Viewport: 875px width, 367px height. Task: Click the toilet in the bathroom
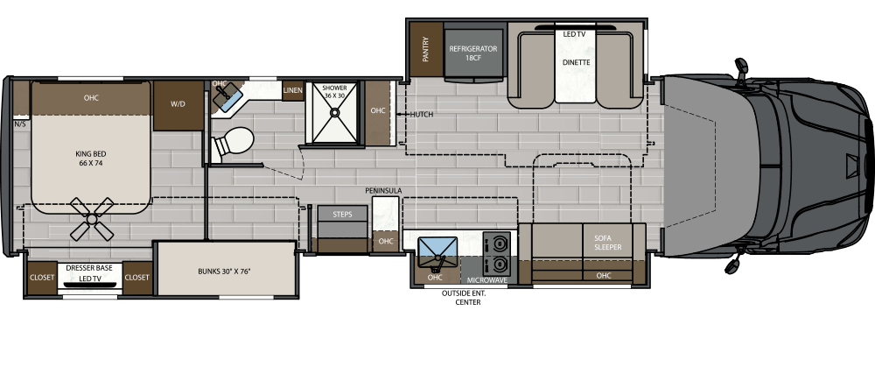point(233,143)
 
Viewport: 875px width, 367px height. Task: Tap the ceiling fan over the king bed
point(92,219)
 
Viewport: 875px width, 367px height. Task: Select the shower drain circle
point(334,112)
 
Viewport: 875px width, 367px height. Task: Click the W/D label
point(178,104)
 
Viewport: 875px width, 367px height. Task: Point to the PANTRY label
point(426,49)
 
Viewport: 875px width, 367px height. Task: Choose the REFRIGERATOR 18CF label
point(473,53)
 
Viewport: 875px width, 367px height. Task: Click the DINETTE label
point(576,62)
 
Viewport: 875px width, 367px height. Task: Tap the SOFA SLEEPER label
point(608,243)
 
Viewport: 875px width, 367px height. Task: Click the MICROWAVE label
point(487,280)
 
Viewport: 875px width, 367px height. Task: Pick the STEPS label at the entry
point(342,215)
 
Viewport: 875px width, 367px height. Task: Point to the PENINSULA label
point(383,190)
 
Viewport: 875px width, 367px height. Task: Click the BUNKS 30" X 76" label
point(225,272)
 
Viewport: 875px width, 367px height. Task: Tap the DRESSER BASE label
point(89,268)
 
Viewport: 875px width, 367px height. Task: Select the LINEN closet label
point(293,90)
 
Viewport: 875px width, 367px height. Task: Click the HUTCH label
point(422,115)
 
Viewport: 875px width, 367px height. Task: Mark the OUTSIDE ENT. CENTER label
point(465,298)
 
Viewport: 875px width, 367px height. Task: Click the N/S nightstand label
point(20,124)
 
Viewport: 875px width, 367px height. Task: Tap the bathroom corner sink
point(227,96)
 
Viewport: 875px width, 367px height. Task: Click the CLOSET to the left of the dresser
point(42,278)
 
